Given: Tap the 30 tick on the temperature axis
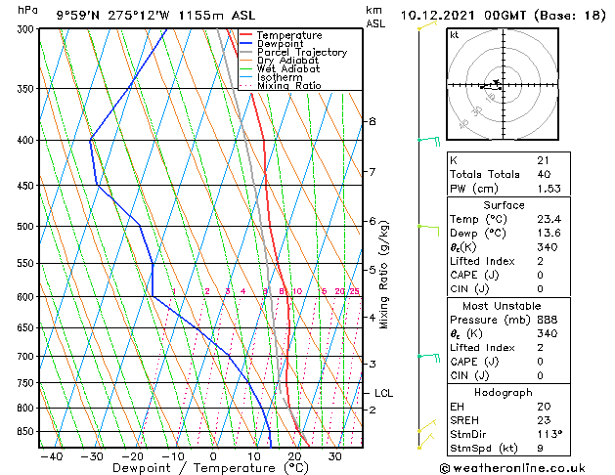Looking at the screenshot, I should (x=334, y=456).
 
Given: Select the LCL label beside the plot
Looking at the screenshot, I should (x=384, y=393).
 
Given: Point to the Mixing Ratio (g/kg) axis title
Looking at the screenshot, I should (x=384, y=275).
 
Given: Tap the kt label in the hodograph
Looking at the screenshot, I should (x=455, y=35).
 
